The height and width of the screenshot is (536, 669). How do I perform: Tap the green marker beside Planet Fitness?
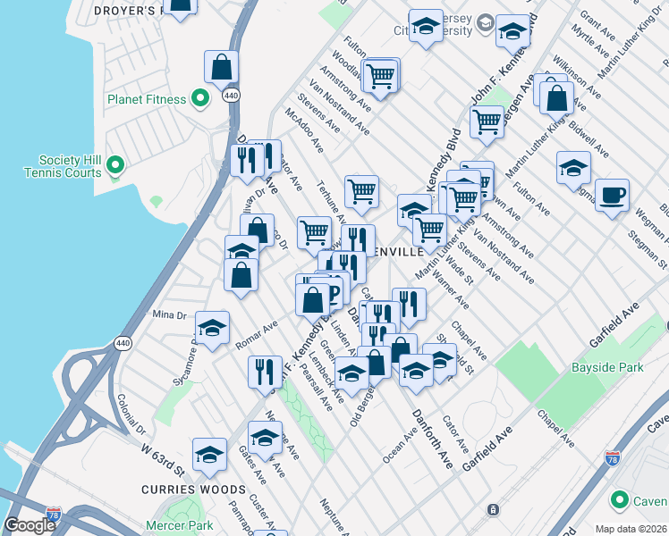pos(201,98)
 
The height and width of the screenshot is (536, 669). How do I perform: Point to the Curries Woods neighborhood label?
pos(193,490)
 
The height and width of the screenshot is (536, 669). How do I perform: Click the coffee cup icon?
pos(612,196)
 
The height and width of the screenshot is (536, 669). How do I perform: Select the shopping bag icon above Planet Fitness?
pos(221,67)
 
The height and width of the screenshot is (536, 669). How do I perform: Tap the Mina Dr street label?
pos(168,314)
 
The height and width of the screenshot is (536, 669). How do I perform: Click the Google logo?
pos(30,525)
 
